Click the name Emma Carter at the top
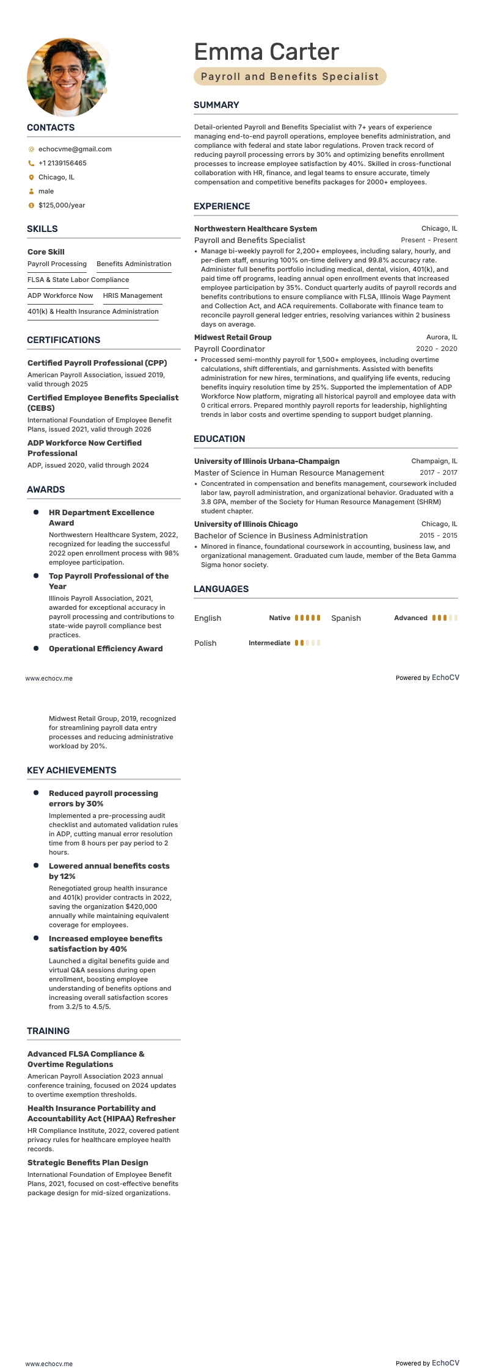[x=266, y=52]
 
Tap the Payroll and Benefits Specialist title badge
[x=290, y=76]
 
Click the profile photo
[x=66, y=78]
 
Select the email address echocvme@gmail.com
[x=75, y=149]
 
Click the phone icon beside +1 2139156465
[x=31, y=163]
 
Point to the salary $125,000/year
[x=62, y=205]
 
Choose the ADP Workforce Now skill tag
[x=60, y=295]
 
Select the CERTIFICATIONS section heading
[x=64, y=340]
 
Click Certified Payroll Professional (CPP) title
[x=97, y=363]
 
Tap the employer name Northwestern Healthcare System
[x=255, y=228]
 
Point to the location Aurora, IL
[x=441, y=337]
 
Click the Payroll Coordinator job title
[x=230, y=349]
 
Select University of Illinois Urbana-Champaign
[x=267, y=461]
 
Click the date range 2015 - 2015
[x=438, y=535]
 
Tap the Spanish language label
[x=346, y=618]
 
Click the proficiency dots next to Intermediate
[x=307, y=643]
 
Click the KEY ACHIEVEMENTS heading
[x=71, y=770]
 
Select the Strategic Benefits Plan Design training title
[x=88, y=1163]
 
